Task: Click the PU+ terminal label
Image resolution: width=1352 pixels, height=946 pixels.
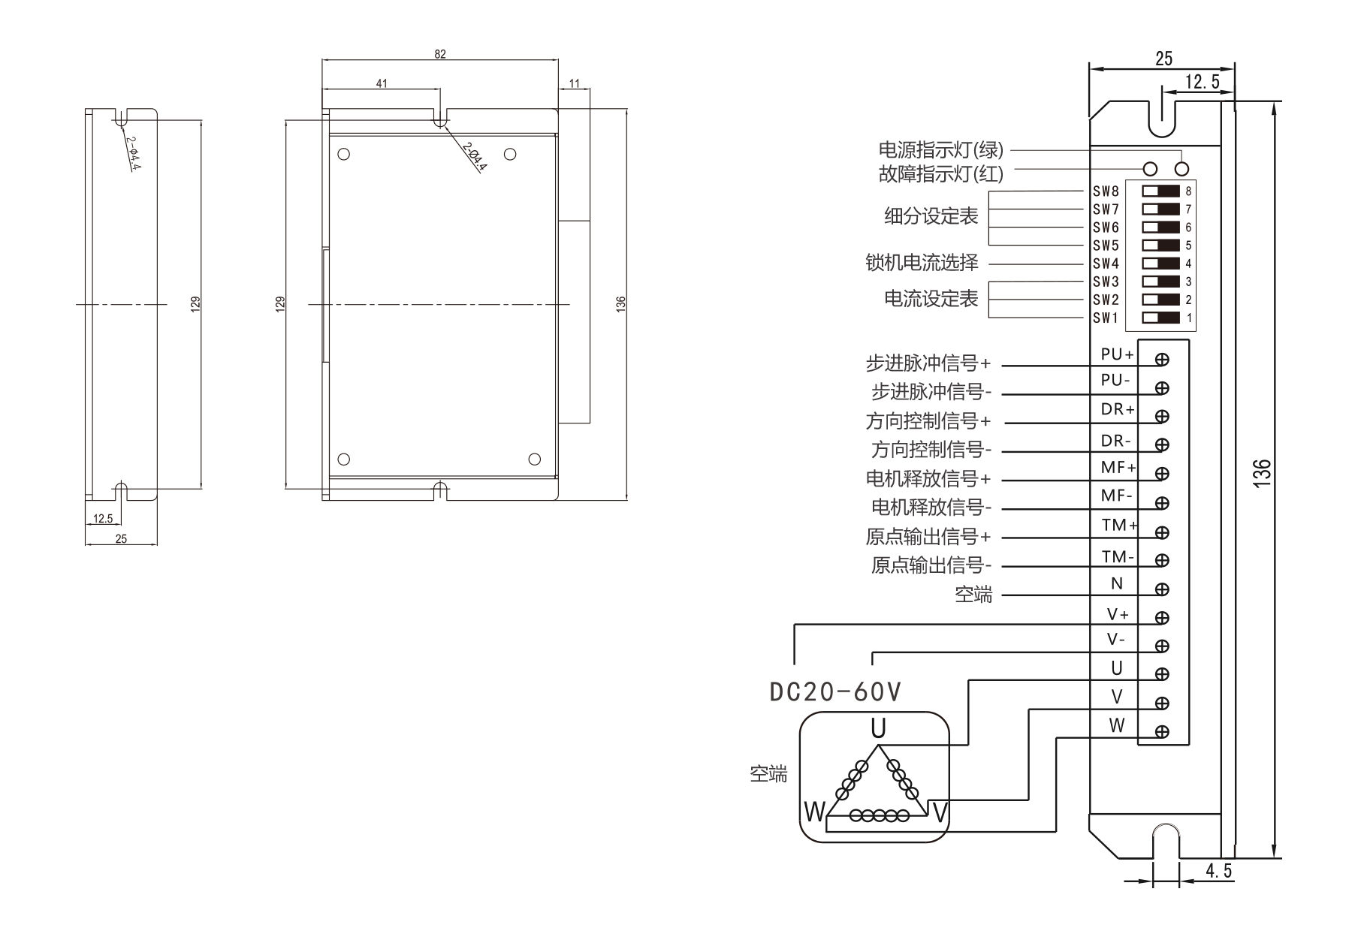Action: click(x=1116, y=354)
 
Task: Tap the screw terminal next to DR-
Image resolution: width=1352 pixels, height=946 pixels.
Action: click(x=1162, y=444)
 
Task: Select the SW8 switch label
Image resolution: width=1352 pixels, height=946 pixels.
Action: click(x=1106, y=191)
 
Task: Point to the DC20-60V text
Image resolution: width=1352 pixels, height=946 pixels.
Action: click(x=835, y=691)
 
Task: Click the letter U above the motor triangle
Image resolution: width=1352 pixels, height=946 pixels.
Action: click(x=877, y=728)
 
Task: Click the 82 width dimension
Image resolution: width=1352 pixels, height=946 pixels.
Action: click(x=440, y=54)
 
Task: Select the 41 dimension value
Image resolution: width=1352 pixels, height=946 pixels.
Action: click(x=382, y=83)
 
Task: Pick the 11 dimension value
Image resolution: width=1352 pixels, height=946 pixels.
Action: click(x=575, y=83)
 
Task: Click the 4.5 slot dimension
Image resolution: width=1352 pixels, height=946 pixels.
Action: click(x=1218, y=871)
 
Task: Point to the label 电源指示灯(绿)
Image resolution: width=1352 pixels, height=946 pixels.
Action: click(x=940, y=150)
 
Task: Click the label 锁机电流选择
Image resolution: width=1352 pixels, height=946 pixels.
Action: click(x=922, y=263)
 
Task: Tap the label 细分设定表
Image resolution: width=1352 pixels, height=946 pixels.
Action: click(x=931, y=217)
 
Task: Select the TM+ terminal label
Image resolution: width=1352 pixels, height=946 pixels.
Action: click(x=1118, y=526)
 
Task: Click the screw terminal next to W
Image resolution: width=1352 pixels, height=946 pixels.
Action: click(x=1162, y=731)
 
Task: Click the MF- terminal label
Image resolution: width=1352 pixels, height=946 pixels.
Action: click(x=1116, y=496)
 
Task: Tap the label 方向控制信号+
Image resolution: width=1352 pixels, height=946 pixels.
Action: click(x=928, y=421)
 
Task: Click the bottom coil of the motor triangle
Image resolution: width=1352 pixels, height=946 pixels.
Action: click(x=879, y=815)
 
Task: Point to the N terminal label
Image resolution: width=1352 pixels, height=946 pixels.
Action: click(x=1116, y=583)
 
